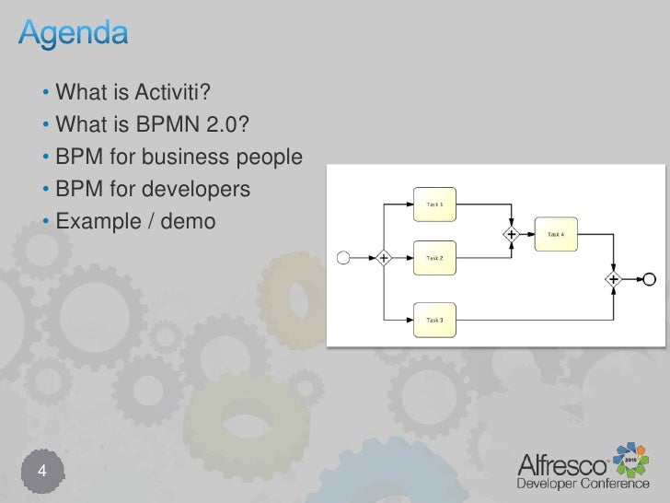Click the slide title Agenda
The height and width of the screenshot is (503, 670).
point(75,35)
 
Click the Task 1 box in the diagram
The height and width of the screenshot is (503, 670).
point(434,205)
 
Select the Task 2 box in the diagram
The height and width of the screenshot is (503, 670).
point(434,258)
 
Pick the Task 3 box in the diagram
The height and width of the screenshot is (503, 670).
point(434,320)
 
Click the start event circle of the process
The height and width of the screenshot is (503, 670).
point(344,258)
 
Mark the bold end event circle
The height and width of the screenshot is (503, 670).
point(650,278)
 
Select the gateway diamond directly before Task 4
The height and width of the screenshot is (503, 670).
point(509,235)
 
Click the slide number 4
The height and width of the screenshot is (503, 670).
point(41,473)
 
